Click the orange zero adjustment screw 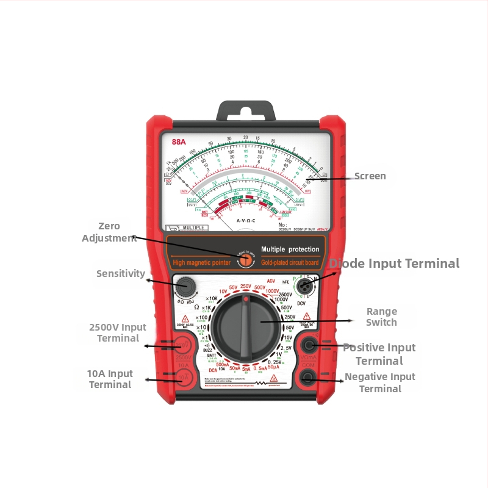tap(246, 259)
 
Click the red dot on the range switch tap(245, 300)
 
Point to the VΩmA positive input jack tap(308, 345)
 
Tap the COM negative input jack tap(308, 378)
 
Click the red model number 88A tap(179, 142)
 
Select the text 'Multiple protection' tap(290, 249)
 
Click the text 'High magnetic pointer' tap(201, 263)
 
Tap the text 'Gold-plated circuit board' tap(290, 263)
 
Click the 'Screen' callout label tap(370, 176)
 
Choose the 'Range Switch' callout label tap(382, 317)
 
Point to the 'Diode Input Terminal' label tap(394, 264)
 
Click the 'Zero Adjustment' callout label tap(109, 232)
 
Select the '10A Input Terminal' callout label tap(110, 379)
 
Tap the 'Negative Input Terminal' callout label tap(380, 382)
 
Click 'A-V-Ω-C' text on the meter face tap(245, 219)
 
